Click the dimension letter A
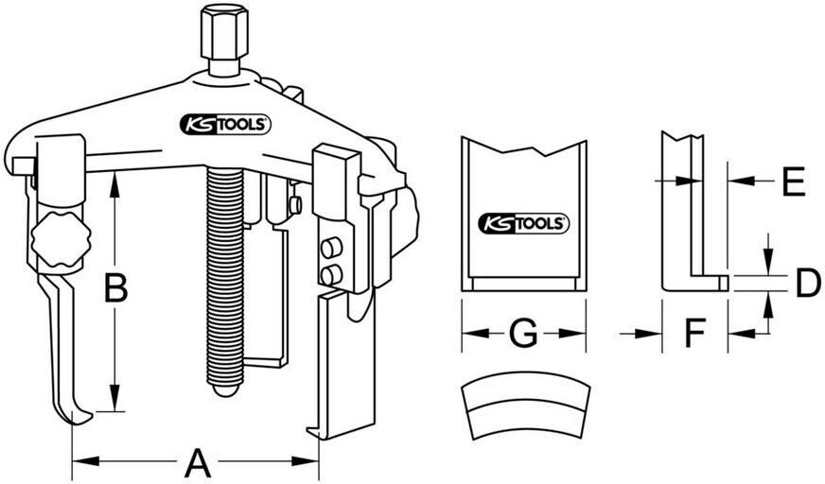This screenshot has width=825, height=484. [x=197, y=462]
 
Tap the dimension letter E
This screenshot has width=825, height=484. [x=794, y=181]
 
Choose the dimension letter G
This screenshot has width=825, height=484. [x=523, y=333]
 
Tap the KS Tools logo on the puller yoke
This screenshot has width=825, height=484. [x=225, y=125]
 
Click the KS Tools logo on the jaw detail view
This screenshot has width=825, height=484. [x=523, y=224]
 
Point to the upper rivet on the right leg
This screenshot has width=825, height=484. [x=331, y=248]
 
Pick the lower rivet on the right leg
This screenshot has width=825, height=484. [x=331, y=275]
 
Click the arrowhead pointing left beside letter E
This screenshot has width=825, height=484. [x=741, y=181]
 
